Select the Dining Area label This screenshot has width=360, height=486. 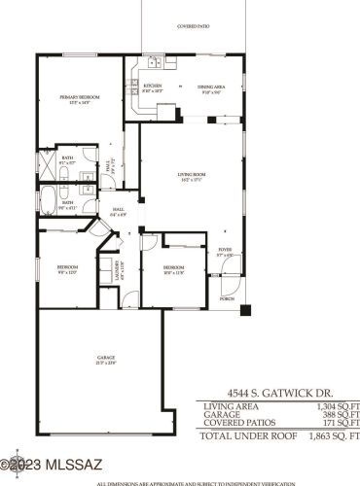212,88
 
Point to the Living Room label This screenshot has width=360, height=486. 191,176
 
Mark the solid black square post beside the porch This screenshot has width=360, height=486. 245,310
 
